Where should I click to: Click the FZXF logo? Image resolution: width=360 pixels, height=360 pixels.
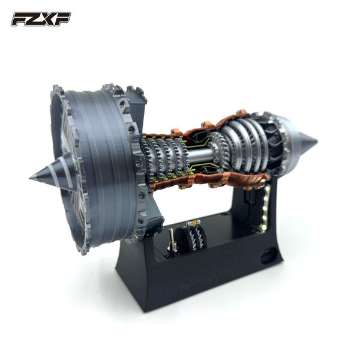point(41,19)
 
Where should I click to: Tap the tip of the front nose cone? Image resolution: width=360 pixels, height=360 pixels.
point(30,178)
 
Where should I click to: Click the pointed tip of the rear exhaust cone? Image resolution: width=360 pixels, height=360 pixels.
point(317,140)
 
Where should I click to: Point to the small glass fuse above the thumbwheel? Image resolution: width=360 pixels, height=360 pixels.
point(194,223)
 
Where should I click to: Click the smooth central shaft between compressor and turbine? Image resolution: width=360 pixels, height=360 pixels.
point(199,154)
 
